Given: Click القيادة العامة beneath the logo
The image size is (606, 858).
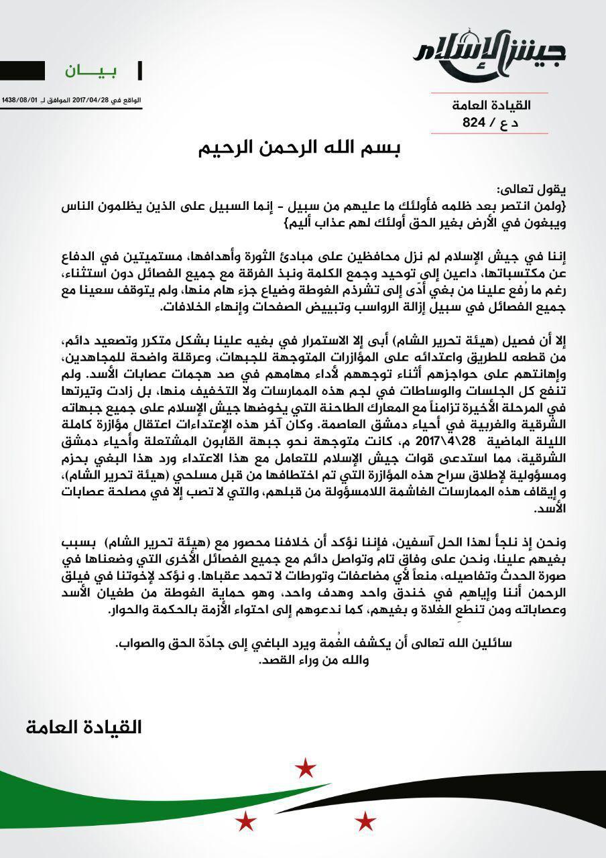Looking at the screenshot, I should point(492,106).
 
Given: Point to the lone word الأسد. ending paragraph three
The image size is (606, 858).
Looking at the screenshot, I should point(551,510).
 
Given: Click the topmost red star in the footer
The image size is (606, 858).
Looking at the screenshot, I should point(306,768).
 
